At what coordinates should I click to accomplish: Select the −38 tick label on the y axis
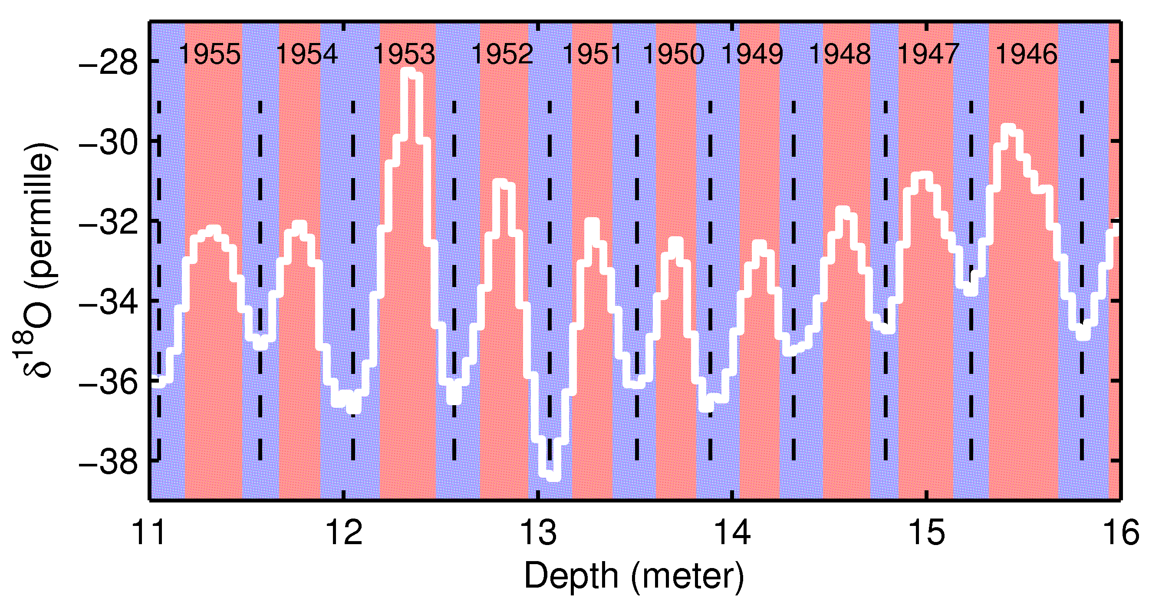pyautogui.click(x=108, y=463)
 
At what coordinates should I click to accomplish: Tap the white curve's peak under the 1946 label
pyautogui.click(x=1009, y=129)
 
